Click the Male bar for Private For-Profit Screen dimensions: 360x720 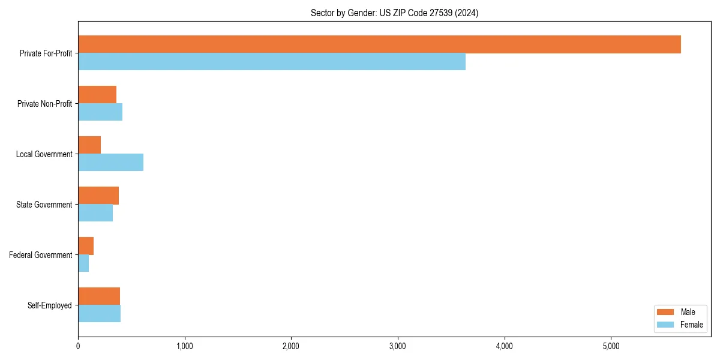click(x=379, y=44)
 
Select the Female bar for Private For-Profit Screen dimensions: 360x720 click(x=272, y=62)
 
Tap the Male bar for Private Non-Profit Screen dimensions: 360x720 click(x=97, y=95)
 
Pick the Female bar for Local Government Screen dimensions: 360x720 click(x=110, y=163)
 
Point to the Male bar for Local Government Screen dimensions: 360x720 click(x=89, y=145)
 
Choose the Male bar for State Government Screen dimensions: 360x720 click(x=98, y=196)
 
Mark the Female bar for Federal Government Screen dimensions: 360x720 click(x=83, y=263)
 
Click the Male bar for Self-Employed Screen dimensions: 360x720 click(x=99, y=296)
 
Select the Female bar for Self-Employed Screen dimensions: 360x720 click(x=99, y=314)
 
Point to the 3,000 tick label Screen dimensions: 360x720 click(x=398, y=346)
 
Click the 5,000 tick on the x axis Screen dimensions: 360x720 click(x=611, y=346)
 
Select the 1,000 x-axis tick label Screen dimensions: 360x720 click(x=184, y=346)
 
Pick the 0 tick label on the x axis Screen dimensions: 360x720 click(x=78, y=346)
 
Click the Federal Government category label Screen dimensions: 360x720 click(x=41, y=255)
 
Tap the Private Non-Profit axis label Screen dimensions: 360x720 click(x=44, y=104)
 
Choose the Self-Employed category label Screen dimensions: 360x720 click(x=50, y=305)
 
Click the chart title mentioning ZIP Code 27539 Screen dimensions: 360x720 click(x=394, y=13)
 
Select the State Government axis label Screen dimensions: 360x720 click(x=44, y=205)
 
